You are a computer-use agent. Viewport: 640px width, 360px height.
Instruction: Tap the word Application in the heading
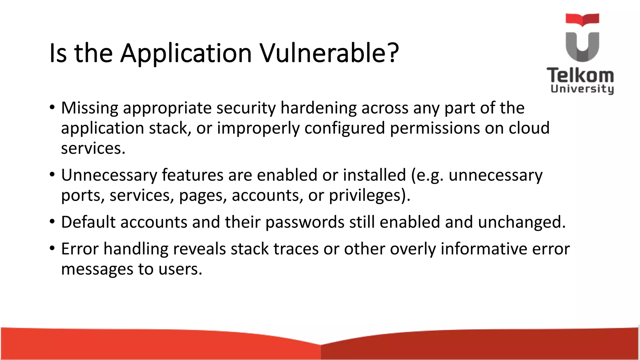tap(186, 53)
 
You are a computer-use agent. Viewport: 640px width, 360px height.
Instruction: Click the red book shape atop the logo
tap(582, 19)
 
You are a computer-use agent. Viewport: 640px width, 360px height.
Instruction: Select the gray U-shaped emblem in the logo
tap(582, 47)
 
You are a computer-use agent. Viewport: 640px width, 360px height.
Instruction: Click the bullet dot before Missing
tap(52, 108)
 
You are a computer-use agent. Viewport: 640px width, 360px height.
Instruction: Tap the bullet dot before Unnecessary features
tap(52, 175)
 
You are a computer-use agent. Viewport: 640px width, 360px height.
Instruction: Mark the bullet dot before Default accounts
tap(52, 222)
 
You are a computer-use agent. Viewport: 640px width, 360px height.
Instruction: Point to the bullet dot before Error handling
tap(52, 249)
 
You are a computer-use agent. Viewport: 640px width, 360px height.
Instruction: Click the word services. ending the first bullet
tap(93, 148)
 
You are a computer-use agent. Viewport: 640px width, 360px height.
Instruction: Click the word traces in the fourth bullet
tap(296, 249)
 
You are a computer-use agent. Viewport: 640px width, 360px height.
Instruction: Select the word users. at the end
tap(180, 269)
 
